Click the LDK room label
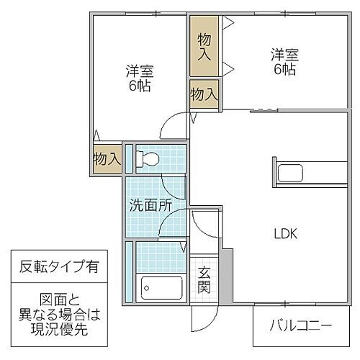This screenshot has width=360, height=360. click(x=284, y=233)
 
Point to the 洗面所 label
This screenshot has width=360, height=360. click(x=150, y=204)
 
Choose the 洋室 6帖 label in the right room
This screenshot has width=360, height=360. click(x=284, y=61)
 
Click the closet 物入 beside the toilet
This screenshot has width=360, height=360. click(x=106, y=159)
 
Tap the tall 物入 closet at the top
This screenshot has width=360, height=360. click(x=205, y=45)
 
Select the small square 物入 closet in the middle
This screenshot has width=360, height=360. click(x=204, y=93)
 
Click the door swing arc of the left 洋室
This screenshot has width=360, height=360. click(x=171, y=127)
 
